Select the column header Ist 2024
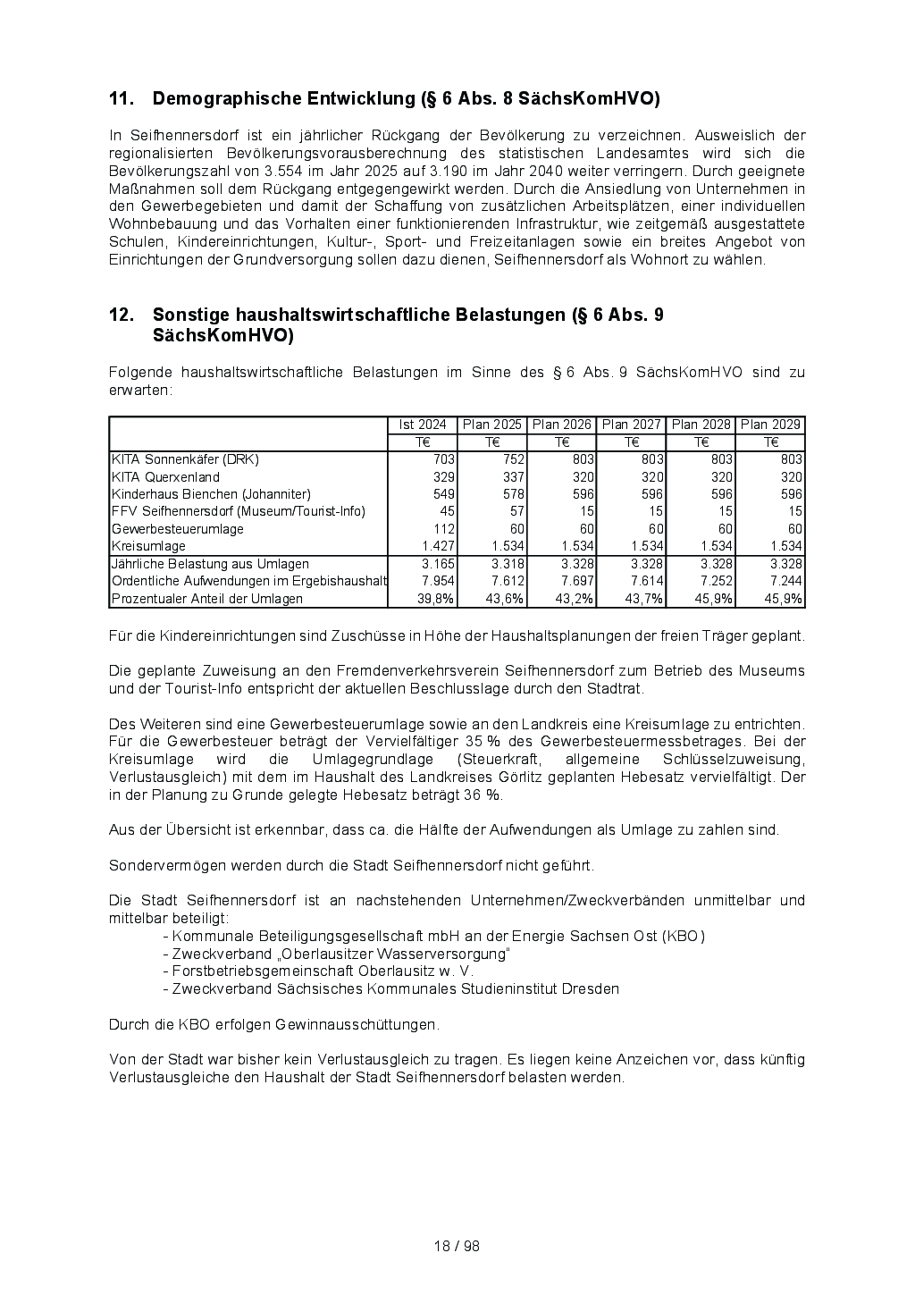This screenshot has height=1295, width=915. [423, 425]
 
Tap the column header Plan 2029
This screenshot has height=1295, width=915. [771, 425]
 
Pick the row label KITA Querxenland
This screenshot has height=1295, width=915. [165, 477]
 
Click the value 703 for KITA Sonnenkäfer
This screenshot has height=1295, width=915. [444, 459]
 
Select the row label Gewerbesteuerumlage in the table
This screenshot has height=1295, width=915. [177, 529]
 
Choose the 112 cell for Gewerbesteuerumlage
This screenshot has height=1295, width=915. [444, 529]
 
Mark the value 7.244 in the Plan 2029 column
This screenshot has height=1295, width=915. [785, 581]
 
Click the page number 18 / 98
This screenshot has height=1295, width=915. [457, 1246]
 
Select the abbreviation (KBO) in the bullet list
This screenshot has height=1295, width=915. [684, 937]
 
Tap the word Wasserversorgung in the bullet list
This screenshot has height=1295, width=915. [445, 954]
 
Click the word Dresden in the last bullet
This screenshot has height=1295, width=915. [593, 988]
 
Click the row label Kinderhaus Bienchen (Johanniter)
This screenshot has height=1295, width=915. [211, 494]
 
